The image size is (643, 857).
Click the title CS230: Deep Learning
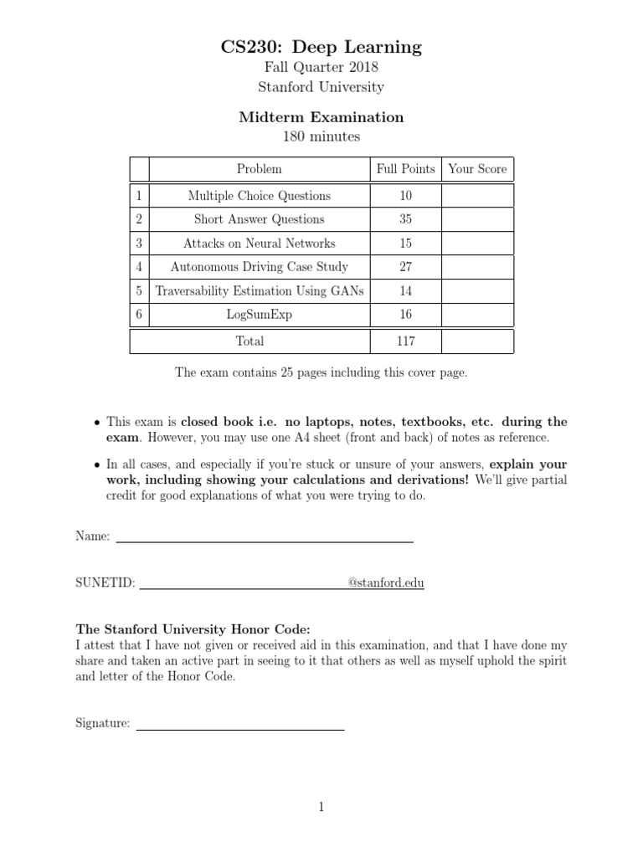(321, 47)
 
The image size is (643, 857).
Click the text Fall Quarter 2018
(321, 69)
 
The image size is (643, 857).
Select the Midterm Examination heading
(321, 117)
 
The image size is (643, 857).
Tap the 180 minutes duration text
(321, 136)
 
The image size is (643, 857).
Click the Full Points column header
(406, 169)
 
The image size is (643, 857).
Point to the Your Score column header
(477, 169)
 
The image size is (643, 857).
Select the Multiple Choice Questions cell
(260, 196)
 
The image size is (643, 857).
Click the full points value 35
(406, 219)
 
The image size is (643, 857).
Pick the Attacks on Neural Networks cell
(260, 244)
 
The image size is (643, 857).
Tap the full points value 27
(406, 267)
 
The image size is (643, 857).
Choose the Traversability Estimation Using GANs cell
(260, 291)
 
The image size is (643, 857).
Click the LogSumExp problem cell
(260, 315)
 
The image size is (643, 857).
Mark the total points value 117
(406, 341)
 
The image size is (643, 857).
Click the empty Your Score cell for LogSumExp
(477, 315)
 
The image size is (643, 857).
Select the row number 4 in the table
(139, 267)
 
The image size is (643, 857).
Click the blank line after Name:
(264, 540)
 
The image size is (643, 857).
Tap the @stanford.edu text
(386, 583)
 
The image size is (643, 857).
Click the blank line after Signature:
(240, 727)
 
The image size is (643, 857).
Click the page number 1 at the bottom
(321, 807)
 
